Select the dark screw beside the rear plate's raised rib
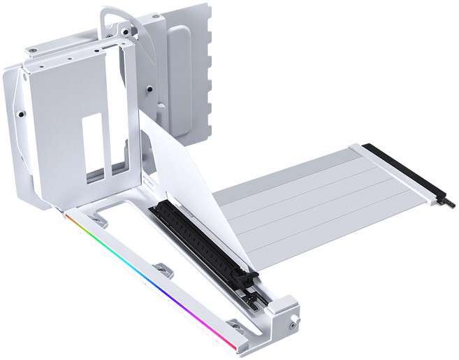[x=150, y=89]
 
